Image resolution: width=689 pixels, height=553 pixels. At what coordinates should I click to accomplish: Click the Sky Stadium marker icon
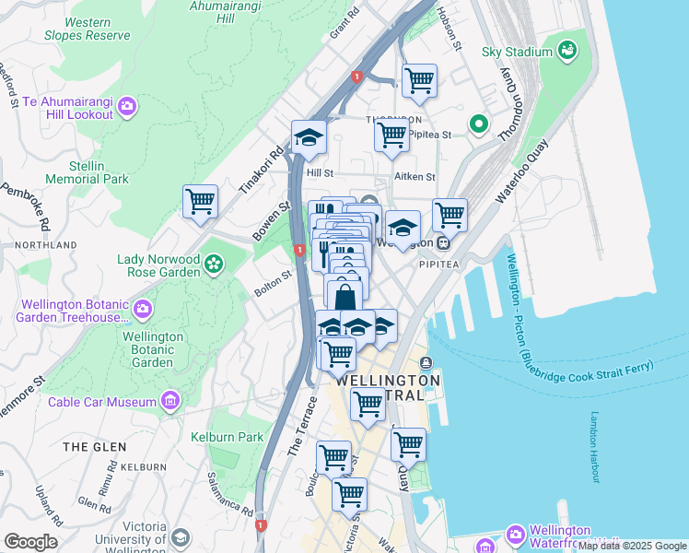[566, 51]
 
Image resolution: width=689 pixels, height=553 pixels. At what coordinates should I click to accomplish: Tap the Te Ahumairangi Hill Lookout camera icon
[127, 109]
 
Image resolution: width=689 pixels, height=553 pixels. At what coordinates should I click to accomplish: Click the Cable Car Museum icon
[169, 401]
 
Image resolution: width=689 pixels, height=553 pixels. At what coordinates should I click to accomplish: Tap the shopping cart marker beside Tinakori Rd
[200, 201]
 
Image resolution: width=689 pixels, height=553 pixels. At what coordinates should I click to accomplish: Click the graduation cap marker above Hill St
[309, 138]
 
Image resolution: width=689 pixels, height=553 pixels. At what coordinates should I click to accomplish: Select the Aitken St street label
[415, 176]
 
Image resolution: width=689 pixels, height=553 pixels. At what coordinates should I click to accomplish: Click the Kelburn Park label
[227, 437]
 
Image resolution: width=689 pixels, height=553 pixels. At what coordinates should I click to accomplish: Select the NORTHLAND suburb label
[45, 245]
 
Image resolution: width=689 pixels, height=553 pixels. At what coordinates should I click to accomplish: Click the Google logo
[30, 542]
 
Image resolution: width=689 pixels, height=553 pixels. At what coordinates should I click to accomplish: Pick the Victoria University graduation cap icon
[181, 537]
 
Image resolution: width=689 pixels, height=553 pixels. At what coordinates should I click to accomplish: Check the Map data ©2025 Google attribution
[632, 547]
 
